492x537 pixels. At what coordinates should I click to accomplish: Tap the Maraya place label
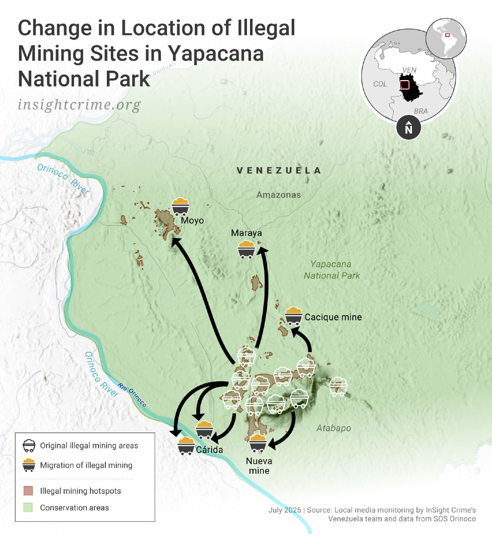(246, 233)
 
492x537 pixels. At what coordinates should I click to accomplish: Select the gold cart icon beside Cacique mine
(294, 316)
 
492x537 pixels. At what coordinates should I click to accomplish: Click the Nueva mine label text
(259, 465)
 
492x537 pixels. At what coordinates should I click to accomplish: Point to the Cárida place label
(209, 449)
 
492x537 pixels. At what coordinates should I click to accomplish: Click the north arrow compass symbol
(409, 128)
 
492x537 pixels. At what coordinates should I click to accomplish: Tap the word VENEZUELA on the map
(279, 171)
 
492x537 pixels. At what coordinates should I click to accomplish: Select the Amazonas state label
(278, 195)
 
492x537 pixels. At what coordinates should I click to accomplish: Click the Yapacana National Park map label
(331, 270)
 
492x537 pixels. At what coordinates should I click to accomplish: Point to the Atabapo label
(333, 428)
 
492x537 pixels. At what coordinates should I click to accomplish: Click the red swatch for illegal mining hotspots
(28, 491)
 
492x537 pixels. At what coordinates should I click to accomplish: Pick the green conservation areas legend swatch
(28, 508)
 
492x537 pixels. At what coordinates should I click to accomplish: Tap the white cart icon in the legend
(29, 445)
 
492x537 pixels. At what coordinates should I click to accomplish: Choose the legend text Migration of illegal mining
(86, 465)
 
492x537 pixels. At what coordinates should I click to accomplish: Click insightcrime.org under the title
(79, 105)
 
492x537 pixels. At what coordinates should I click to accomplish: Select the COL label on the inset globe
(380, 84)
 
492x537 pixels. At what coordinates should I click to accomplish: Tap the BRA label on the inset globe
(420, 111)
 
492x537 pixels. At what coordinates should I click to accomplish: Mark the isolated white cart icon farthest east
(338, 386)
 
